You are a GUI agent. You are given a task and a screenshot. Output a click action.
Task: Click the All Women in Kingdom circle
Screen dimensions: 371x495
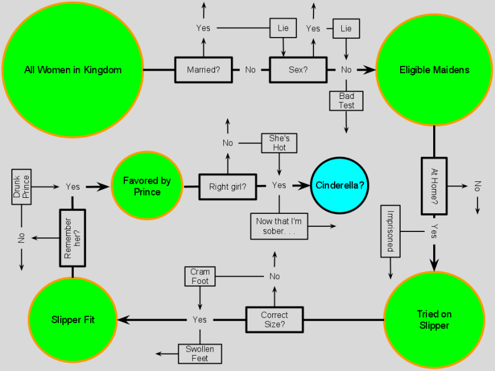tap(72, 69)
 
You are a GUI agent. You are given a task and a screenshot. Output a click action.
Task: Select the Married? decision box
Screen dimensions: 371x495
tap(203, 69)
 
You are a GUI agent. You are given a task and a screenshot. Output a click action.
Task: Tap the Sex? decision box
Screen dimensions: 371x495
tap(298, 69)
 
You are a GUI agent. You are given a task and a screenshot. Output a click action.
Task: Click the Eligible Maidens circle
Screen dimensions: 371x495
tap(434, 69)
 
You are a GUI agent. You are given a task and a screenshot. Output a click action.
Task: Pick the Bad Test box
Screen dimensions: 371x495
tap(346, 101)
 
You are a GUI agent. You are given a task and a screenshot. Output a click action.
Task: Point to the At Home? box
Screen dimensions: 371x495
tap(434, 185)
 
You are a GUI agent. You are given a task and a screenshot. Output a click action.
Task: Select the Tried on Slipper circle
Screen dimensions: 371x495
tap(434, 320)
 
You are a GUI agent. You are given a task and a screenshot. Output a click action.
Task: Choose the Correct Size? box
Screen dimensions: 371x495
tap(274, 320)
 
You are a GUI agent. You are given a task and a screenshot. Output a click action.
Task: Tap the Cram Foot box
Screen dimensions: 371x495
tap(200, 276)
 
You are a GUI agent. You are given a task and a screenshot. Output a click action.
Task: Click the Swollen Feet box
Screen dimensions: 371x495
tap(200, 353)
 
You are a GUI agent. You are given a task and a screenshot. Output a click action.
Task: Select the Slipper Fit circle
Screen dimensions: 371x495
tap(72, 320)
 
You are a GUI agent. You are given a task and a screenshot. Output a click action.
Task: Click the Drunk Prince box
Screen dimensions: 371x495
tap(22, 187)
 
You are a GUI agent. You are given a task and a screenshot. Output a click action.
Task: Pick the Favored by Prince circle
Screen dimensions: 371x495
tap(147, 186)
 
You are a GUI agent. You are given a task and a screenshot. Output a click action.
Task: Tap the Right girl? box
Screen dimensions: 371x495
tap(227, 187)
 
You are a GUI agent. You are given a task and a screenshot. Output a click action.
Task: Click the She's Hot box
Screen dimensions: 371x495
tap(279, 143)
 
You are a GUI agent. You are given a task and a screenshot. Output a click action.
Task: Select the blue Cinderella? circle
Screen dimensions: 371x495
tap(340, 185)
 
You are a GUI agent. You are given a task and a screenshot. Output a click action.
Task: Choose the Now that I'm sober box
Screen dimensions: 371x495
tap(279, 226)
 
